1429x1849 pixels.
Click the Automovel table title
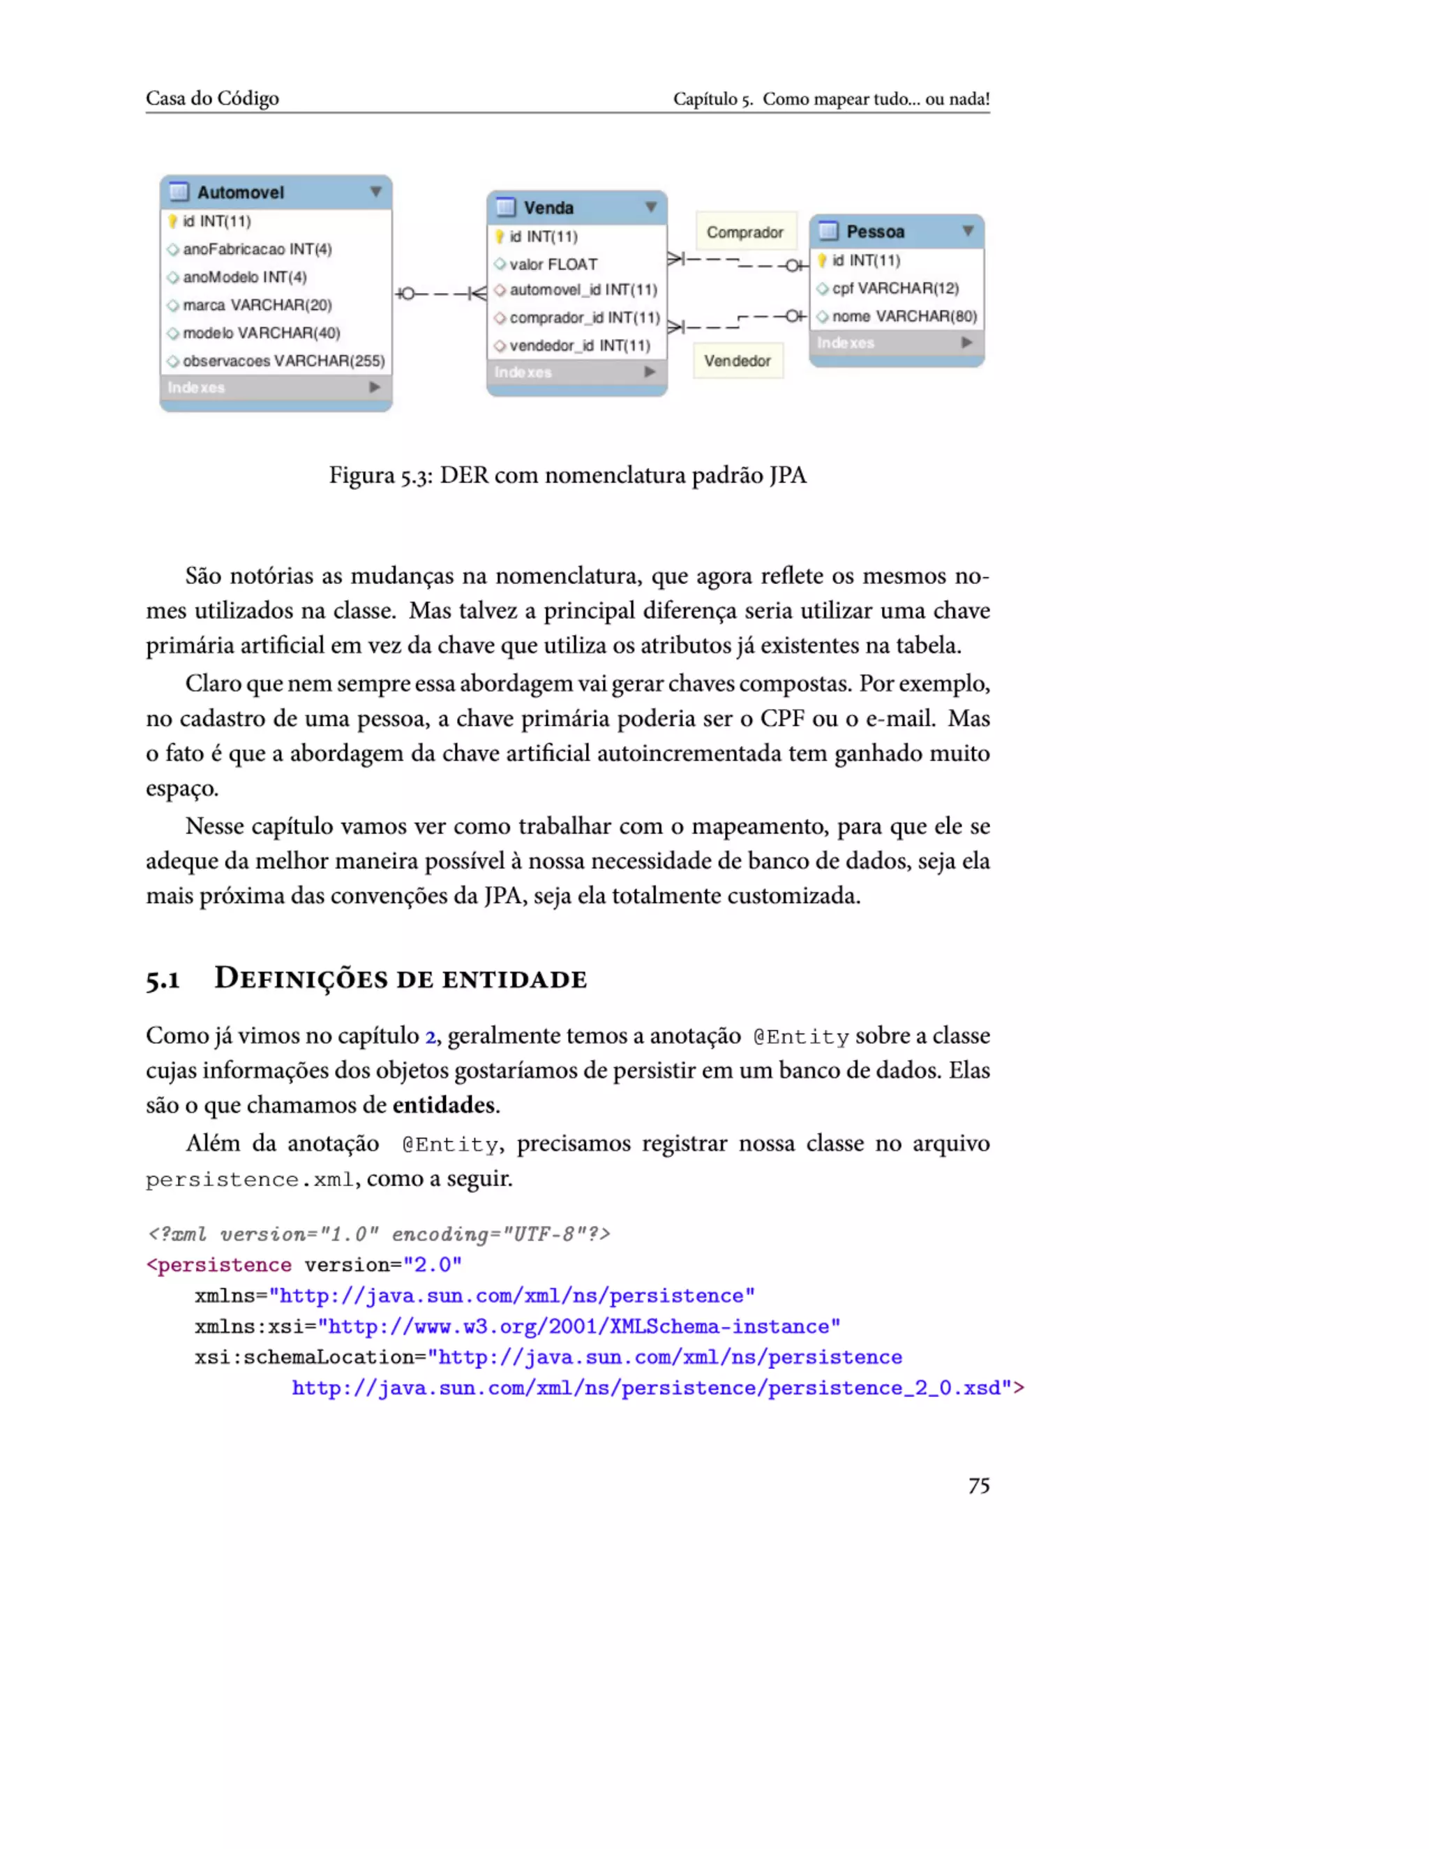[241, 192]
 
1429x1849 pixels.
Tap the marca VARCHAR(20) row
[257, 305]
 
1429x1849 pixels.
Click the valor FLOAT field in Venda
[553, 264]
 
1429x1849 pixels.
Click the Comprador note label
[745, 232]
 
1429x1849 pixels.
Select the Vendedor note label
[738, 361]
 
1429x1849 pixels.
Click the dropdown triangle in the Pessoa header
[968, 230]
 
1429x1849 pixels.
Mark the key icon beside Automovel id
[173, 221]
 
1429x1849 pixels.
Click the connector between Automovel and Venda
[440, 294]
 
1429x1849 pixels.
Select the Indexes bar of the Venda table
[576, 372]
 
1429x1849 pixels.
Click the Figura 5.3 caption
[567, 475]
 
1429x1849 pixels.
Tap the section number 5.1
[163, 980]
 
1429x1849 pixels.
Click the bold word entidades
[444, 1105]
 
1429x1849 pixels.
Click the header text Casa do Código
[211, 98]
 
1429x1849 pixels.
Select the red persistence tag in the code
[223, 1265]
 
